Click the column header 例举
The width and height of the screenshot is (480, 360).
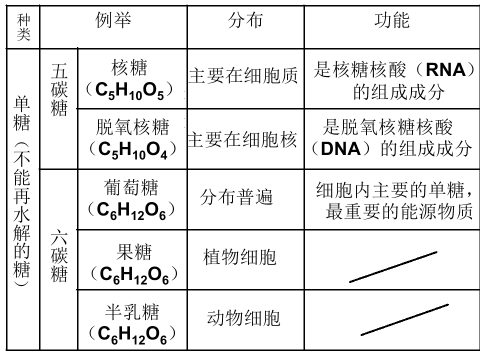(113, 20)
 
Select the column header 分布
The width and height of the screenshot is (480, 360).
(245, 20)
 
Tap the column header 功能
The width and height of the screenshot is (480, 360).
(392, 20)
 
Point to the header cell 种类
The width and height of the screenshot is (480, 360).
(23, 27)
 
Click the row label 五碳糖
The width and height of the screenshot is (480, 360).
(59, 89)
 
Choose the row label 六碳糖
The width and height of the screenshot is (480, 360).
(59, 255)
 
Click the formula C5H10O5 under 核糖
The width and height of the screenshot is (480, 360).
(129, 91)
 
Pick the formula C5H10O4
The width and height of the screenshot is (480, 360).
(132, 150)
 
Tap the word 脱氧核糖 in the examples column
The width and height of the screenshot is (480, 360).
(132, 127)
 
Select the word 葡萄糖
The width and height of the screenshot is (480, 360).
(131, 187)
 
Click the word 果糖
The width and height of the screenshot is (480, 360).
(134, 252)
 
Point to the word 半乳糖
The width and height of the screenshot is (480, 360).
(132, 312)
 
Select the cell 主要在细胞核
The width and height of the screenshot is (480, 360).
(242, 140)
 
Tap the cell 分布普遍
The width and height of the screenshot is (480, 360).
(236, 197)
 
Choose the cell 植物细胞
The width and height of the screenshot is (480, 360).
(239, 257)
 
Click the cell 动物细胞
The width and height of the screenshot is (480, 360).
(243, 318)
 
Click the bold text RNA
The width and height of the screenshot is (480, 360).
(445, 70)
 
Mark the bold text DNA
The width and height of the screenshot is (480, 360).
(340, 149)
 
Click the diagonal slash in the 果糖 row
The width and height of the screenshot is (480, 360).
(393, 267)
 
